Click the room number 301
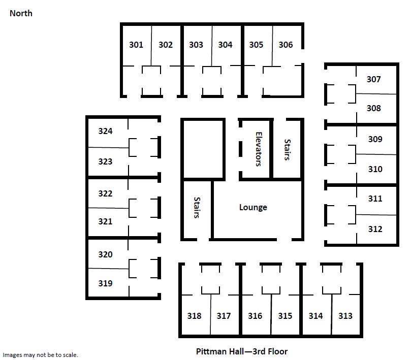coord(136,45)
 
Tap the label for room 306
coord(286,45)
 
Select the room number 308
coord(373,108)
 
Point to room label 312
coord(375,230)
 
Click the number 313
coord(345,316)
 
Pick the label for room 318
coord(194,316)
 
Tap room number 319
coord(105,283)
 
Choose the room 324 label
coord(105,131)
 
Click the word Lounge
coord(253,208)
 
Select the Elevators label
coord(259,149)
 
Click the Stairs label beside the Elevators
coord(287,149)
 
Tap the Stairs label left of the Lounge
coord(197,208)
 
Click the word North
coord(21,13)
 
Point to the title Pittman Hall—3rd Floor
coord(242,351)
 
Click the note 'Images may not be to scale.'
coord(40,355)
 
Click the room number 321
coord(105,222)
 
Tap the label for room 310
coord(375,169)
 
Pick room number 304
coord(225,45)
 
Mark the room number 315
coord(285,316)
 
